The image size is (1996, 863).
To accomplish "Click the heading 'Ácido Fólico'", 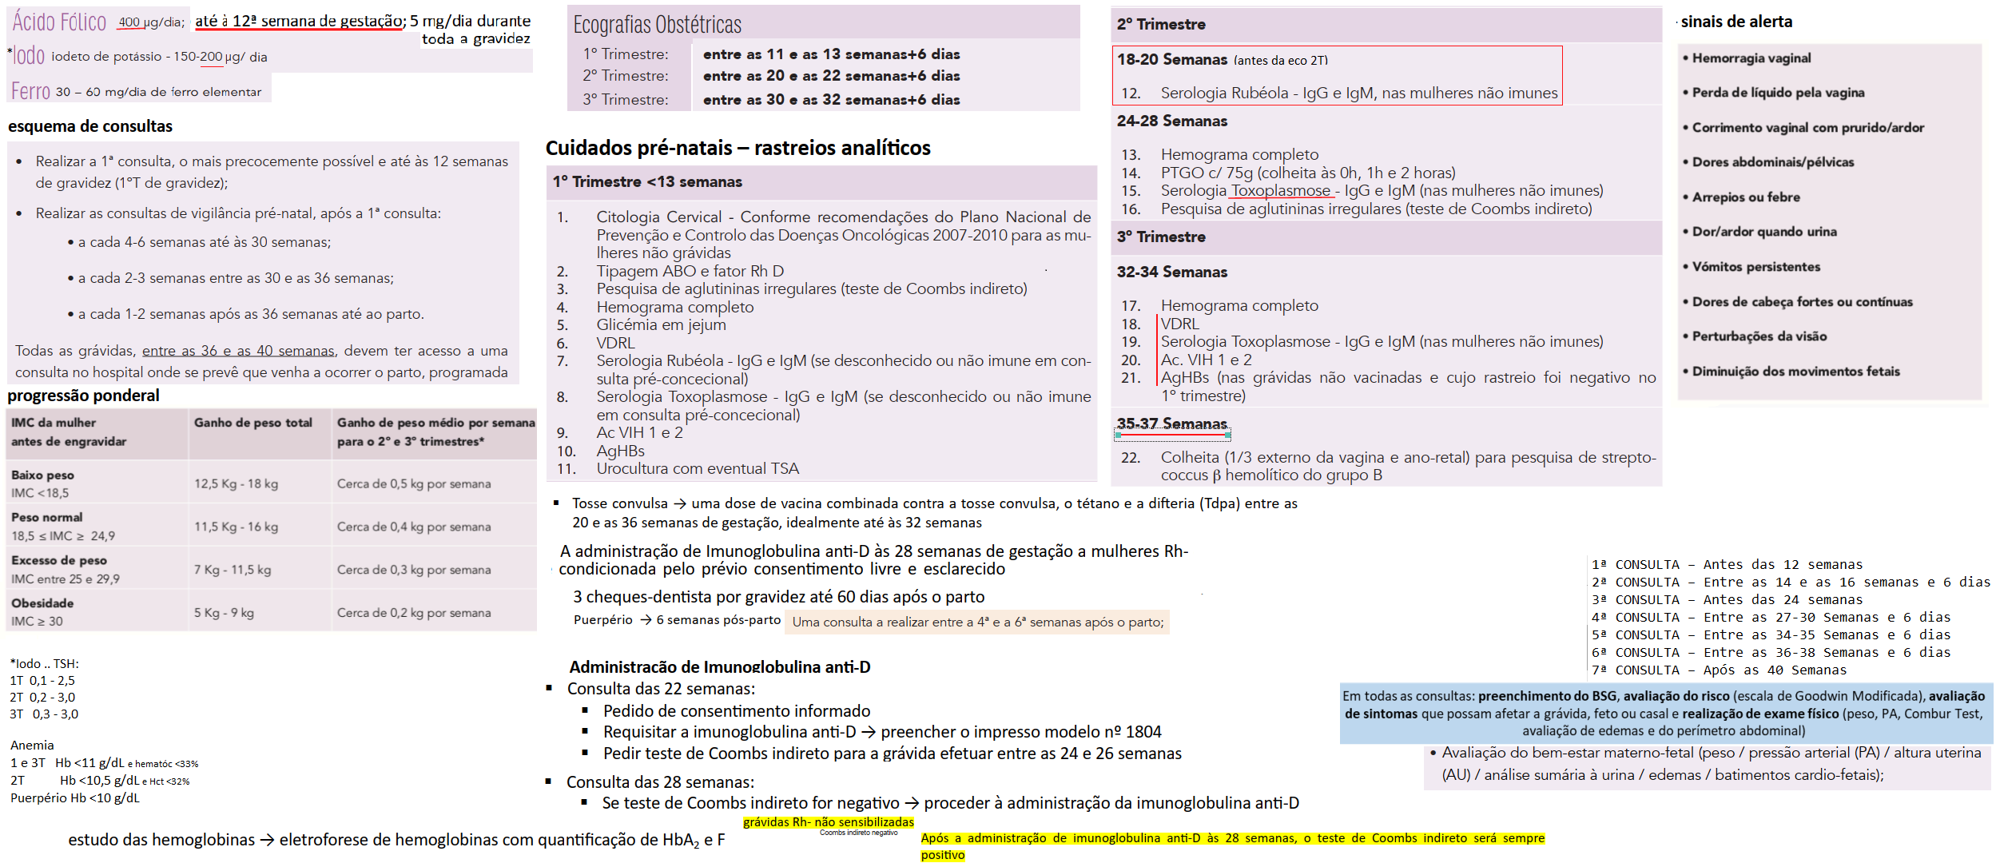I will (59, 22).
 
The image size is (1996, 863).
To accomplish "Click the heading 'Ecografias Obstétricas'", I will (657, 25).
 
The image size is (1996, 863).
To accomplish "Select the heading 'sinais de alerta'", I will (1736, 22).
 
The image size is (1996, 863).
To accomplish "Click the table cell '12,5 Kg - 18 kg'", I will (236, 483).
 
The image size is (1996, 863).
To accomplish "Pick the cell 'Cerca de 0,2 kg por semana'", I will (413, 613).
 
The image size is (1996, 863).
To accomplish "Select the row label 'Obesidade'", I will (42, 603).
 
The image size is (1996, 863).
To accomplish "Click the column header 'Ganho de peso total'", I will (252, 423).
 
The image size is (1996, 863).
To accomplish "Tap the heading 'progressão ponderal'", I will (83, 396).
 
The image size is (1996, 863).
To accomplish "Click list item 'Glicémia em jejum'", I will (661, 324).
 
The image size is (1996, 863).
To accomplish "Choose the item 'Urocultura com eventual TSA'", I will (697, 468).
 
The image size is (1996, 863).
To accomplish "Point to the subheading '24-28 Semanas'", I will (1171, 121).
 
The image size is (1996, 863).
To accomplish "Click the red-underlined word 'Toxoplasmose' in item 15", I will (1281, 190).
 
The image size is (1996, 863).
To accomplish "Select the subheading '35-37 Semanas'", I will (1171, 424).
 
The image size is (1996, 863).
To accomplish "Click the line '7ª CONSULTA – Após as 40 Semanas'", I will (1719, 670).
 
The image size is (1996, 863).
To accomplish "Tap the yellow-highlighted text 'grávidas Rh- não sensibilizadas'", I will (828, 821).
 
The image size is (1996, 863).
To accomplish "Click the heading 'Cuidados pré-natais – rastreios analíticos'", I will (738, 148).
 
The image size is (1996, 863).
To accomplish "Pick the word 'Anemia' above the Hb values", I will (32, 746).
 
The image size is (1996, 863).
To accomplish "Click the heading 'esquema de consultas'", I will (89, 126).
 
